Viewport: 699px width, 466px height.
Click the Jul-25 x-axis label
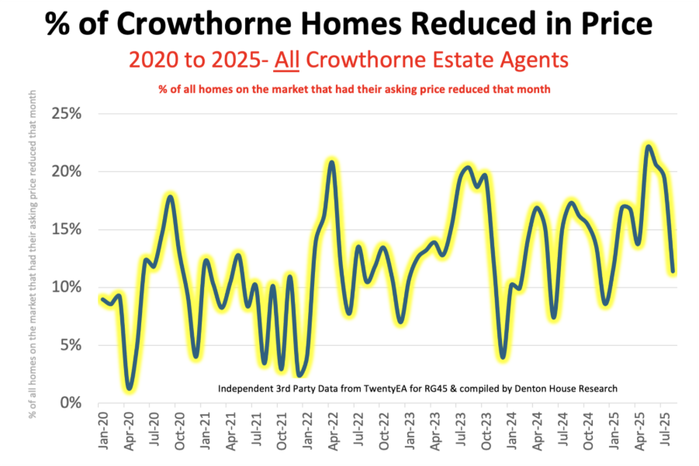click(663, 426)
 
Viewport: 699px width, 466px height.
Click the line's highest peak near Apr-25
click(649, 146)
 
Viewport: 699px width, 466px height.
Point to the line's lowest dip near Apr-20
click(130, 388)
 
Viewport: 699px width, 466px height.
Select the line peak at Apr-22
click(332, 162)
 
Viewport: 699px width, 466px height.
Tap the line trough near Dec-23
click(503, 357)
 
